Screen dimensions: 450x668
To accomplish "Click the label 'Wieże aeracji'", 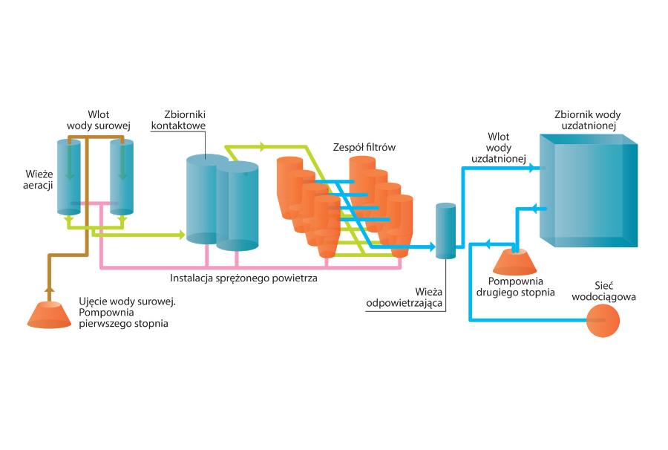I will point(36,178).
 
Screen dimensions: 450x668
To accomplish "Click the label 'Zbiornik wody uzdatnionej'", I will point(587,120).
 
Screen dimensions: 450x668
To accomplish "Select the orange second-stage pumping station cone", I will point(514,260).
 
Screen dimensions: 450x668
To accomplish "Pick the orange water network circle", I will point(604,320).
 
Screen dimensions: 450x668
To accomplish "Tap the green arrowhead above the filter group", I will point(263,146).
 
